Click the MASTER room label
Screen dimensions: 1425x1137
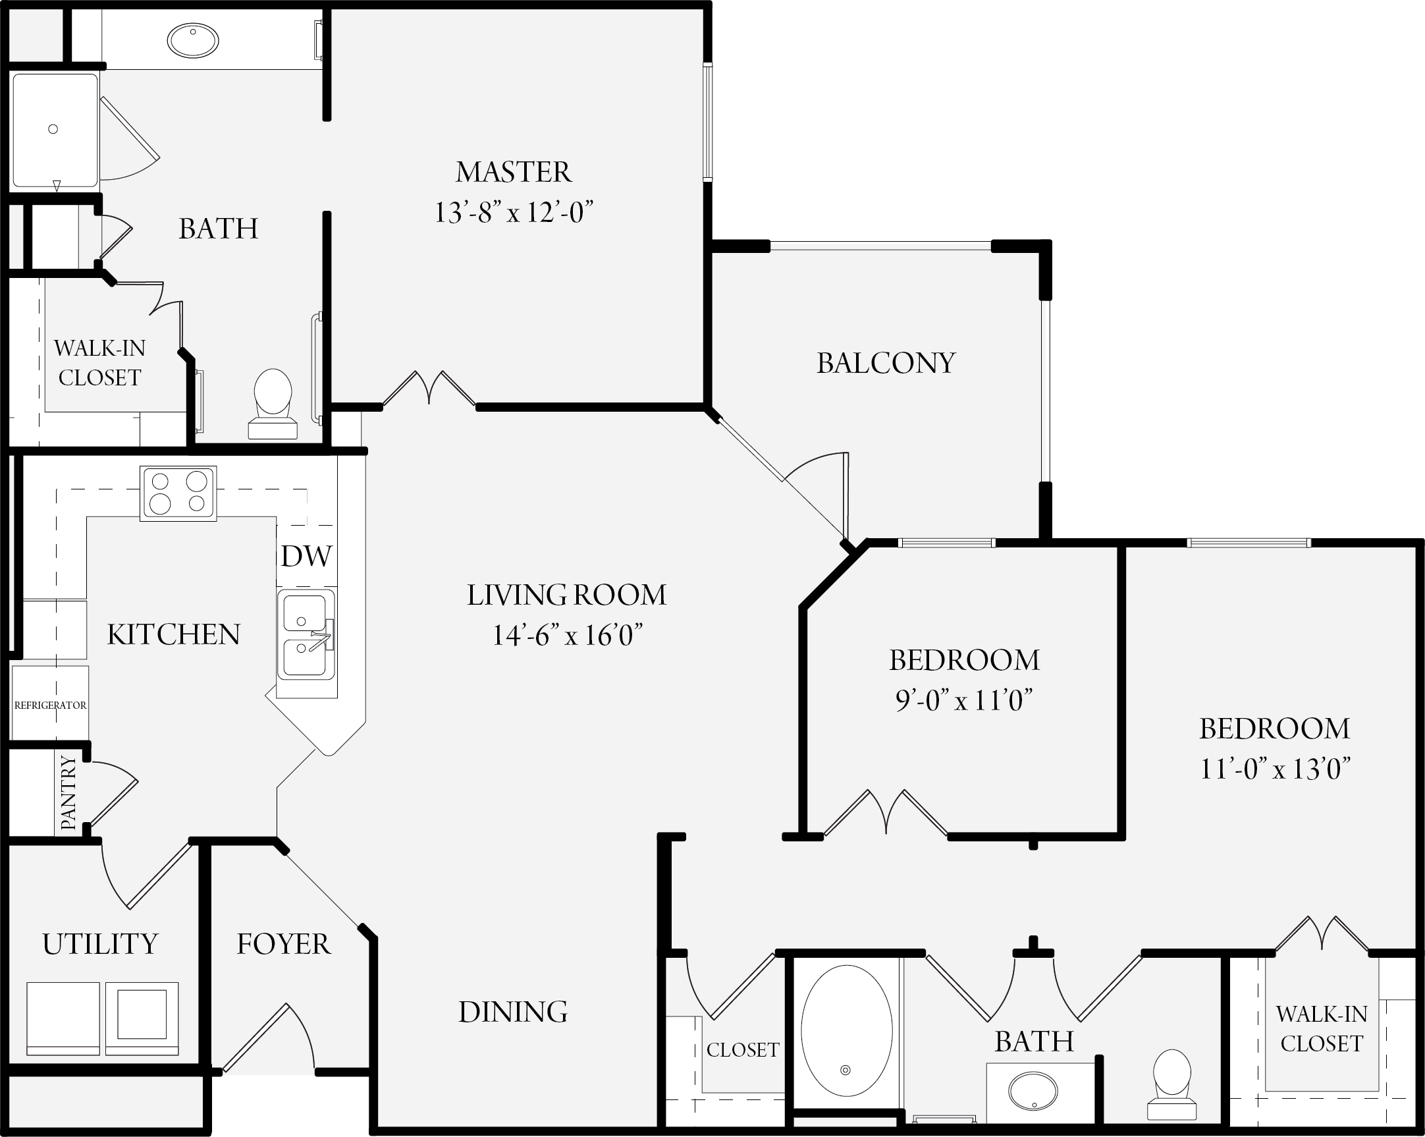(514, 172)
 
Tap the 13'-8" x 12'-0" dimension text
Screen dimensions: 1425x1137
(514, 212)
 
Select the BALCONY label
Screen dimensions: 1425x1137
(886, 363)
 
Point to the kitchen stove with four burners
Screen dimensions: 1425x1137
(178, 493)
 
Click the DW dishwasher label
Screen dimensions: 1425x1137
(306, 556)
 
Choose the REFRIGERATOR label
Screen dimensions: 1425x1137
(50, 705)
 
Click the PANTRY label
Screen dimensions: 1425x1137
(68, 792)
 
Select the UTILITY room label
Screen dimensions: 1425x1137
(101, 944)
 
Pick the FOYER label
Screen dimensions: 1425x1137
(284, 944)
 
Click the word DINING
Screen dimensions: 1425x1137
(513, 1012)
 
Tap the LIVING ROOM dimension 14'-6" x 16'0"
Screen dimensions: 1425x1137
(567, 635)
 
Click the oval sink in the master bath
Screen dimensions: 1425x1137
(193, 40)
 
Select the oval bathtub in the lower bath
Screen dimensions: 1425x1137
(847, 1030)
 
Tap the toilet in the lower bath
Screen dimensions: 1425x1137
(1172, 1085)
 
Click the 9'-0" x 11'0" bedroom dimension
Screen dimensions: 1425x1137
(963, 700)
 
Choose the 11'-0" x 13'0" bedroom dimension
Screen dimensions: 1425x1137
(1274, 769)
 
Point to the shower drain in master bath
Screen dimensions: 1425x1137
(53, 129)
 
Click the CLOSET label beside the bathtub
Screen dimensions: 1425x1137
(743, 1050)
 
